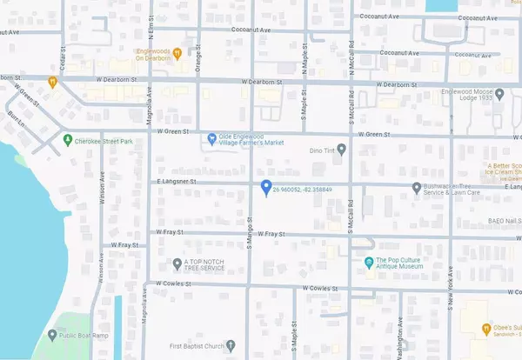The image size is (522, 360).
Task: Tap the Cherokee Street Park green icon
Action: (x=67, y=140)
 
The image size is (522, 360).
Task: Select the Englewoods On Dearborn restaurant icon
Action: (x=177, y=51)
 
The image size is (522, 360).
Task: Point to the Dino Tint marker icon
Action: (x=341, y=150)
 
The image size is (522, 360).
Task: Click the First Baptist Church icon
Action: (x=231, y=344)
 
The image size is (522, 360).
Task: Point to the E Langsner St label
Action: (x=178, y=183)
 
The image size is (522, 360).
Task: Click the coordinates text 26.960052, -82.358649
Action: (x=302, y=188)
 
